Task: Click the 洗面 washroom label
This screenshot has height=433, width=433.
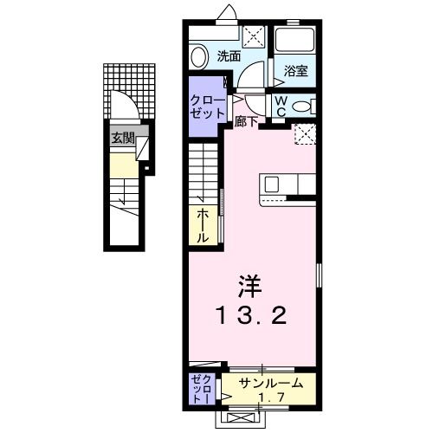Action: (229, 56)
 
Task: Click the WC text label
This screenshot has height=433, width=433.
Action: (282, 106)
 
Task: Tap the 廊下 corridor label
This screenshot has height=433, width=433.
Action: (245, 121)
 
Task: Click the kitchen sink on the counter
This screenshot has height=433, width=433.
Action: (272, 184)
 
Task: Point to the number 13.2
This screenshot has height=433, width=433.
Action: (252, 316)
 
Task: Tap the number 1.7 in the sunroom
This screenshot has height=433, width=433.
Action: (275, 397)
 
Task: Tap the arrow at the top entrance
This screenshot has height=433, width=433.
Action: (228, 11)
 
